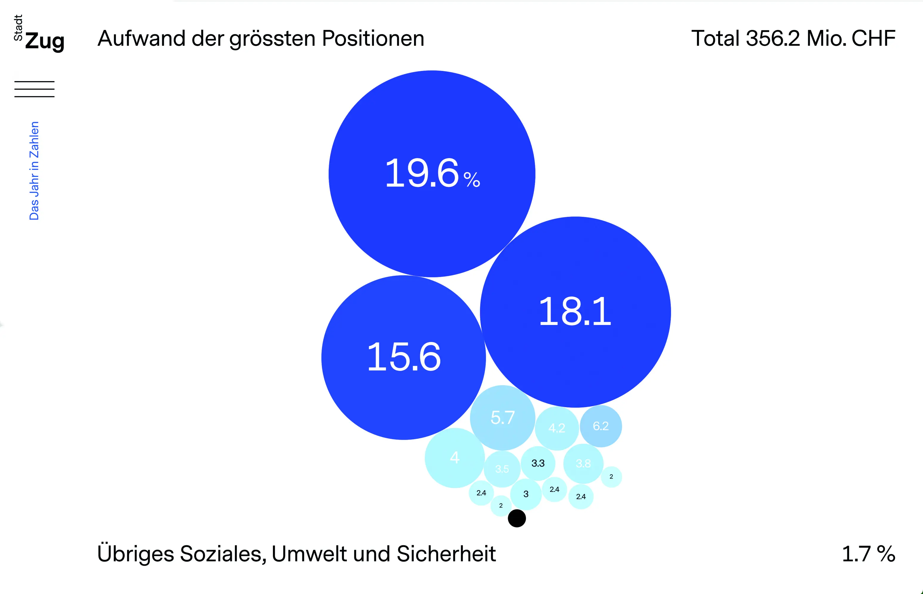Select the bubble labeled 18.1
[575, 312]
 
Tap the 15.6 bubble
[404, 357]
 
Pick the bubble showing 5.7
[502, 418]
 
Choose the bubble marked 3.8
[583, 464]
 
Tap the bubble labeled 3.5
[502, 469]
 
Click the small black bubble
[517, 518]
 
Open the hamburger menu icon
[34, 89]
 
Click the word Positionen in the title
[373, 39]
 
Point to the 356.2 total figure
[773, 39]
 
